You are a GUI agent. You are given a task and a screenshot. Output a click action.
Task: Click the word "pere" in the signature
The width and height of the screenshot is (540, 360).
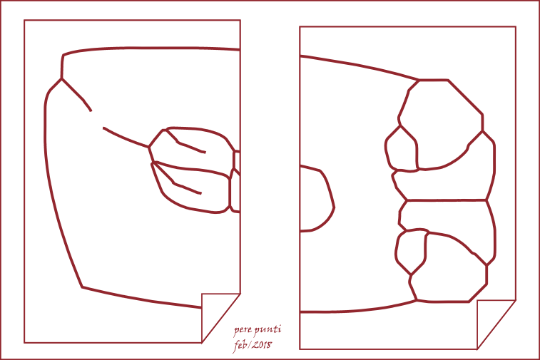pos(243,330)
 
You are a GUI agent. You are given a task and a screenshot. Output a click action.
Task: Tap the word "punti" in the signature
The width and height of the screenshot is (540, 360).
pos(268,330)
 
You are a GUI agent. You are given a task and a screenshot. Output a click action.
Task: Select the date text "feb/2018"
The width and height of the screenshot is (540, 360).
pos(253,345)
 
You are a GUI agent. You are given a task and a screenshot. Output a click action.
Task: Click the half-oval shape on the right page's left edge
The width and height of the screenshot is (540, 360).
pos(333,207)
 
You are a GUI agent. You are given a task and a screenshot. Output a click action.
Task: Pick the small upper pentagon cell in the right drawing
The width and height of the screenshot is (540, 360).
pos(402,149)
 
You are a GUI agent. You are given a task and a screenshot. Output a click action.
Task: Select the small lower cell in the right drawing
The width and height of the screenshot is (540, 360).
pos(410,250)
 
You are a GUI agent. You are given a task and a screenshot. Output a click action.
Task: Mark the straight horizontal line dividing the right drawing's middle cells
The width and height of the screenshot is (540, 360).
pos(447,200)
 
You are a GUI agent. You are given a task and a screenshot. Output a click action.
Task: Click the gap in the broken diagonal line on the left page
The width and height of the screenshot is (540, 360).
pos(97,120)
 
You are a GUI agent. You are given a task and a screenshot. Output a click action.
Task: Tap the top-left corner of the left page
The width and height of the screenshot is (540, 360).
pos(24,20)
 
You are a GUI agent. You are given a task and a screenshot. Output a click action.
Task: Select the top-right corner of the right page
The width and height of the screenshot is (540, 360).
pos(516,26)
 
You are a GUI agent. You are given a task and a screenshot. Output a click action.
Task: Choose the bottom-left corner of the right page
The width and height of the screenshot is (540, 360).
pos(300,349)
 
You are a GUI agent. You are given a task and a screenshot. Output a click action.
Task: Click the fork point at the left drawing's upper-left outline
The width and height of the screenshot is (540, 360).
pos(61,79)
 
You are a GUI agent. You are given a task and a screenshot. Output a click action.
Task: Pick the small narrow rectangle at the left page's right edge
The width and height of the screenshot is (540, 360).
pos(237,160)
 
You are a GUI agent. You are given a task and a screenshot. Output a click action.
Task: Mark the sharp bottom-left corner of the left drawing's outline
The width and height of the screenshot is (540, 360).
pos(82,287)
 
